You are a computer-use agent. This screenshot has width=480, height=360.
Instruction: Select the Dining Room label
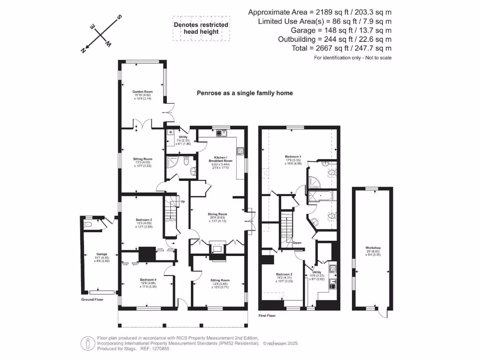(x=217, y=215)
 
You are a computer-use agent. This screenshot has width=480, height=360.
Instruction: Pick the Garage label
(x=95, y=254)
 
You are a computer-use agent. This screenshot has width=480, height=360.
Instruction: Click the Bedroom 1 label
(x=293, y=156)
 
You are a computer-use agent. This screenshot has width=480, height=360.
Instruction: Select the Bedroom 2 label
(x=284, y=274)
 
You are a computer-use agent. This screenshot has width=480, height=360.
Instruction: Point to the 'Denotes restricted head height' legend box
(x=201, y=28)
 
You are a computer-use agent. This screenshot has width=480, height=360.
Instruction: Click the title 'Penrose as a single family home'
(x=244, y=93)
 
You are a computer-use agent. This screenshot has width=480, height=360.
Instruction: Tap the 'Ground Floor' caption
(x=92, y=299)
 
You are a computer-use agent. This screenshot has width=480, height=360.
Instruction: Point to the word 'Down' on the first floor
(x=297, y=243)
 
